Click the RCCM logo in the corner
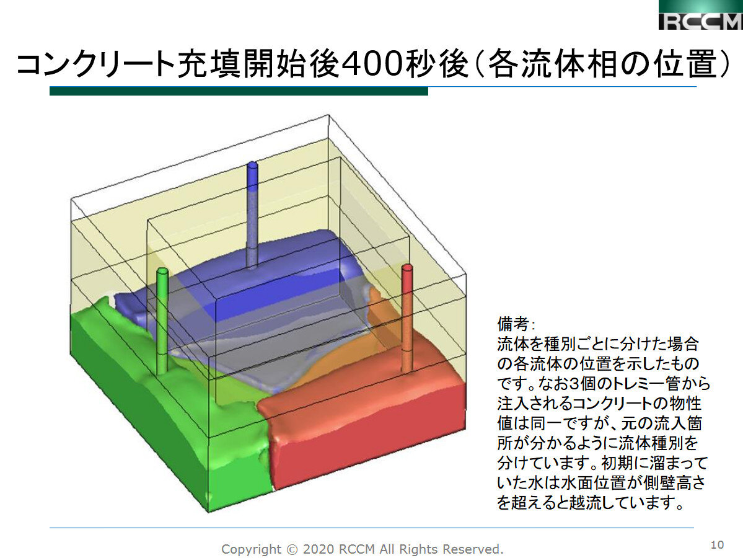(700, 15)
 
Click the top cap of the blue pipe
(252, 166)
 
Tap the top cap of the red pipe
(407, 268)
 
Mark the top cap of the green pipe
(162, 272)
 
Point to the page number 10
(717, 545)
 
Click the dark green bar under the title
(239, 91)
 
